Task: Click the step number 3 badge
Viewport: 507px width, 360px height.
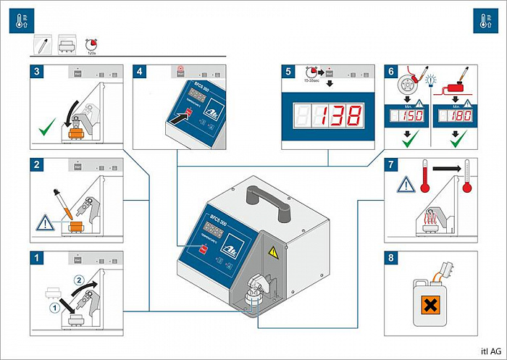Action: (x=36, y=72)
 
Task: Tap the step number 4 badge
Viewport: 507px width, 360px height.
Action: (x=140, y=72)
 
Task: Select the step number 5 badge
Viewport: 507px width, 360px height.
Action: (x=288, y=72)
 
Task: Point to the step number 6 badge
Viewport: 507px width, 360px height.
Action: (x=392, y=72)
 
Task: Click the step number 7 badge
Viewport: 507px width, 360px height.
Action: (x=392, y=164)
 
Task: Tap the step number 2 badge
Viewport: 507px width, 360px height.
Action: (x=36, y=164)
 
